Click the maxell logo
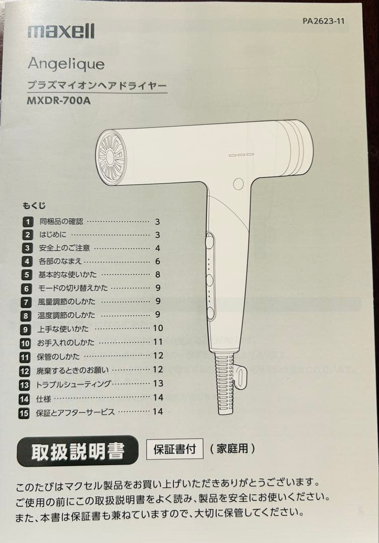pos(61,32)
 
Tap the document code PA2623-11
pos(324,21)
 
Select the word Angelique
pos(66,64)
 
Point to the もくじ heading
pos(34,205)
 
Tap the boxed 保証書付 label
pos(174,448)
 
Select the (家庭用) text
pos(232,448)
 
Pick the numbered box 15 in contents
pos(24,412)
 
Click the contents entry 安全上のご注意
pos(64,248)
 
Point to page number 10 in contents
pos(158,328)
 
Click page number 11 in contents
pos(158,342)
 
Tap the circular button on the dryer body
pos(238,184)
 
